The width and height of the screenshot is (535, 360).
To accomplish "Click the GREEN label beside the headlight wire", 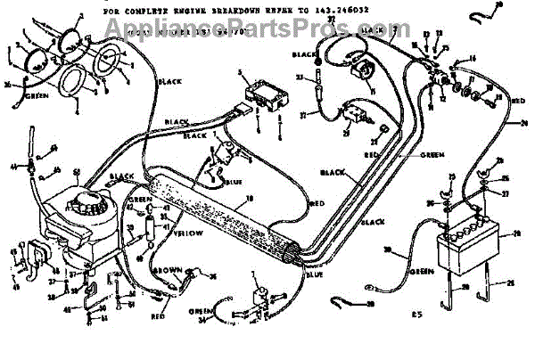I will click(x=36, y=94).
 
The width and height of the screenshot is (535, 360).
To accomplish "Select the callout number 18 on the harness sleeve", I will click(x=250, y=197).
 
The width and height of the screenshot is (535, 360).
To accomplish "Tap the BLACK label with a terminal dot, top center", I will click(x=303, y=54).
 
